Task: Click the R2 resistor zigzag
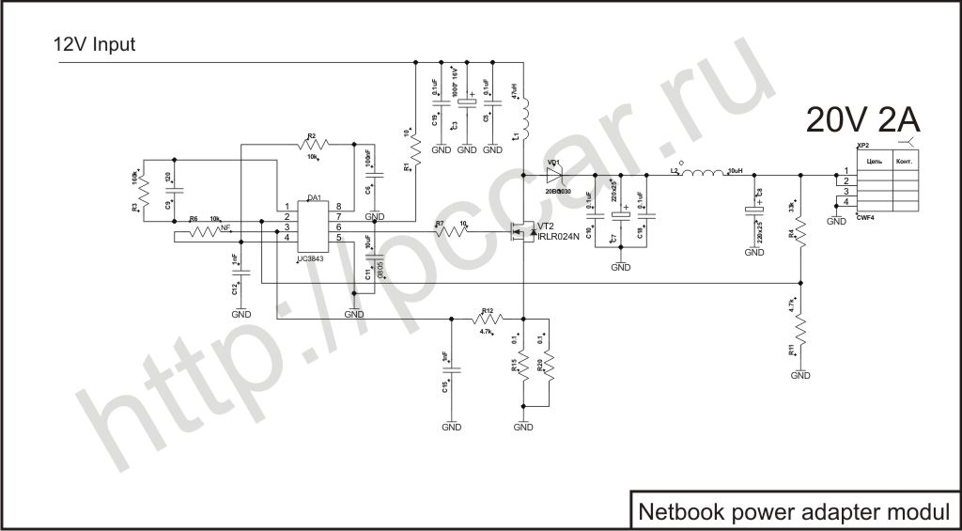pos(313,144)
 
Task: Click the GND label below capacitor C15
pos(451,427)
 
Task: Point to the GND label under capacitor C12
pos(241,314)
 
